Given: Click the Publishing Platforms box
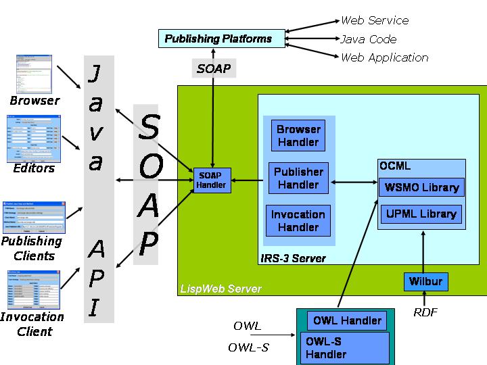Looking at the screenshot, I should tap(218, 39).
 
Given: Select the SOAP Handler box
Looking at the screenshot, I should tap(210, 180).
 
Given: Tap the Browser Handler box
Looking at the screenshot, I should tap(298, 135).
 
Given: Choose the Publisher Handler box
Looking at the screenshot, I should tap(298, 178).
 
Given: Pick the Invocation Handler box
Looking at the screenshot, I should tap(298, 221).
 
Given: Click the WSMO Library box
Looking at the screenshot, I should tap(421, 188).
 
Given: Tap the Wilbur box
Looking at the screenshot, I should tap(425, 281).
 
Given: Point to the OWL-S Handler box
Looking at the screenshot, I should tap(344, 347).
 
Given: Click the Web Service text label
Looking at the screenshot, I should tap(375, 21).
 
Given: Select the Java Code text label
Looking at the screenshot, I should tap(369, 39).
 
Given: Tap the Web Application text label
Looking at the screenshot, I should tap(384, 57).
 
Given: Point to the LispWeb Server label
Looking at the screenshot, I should tap(221, 289).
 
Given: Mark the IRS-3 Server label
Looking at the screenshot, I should tap(293, 258).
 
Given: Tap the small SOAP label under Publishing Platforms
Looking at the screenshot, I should tap(214, 68).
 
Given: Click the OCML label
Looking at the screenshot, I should tap(395, 166).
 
